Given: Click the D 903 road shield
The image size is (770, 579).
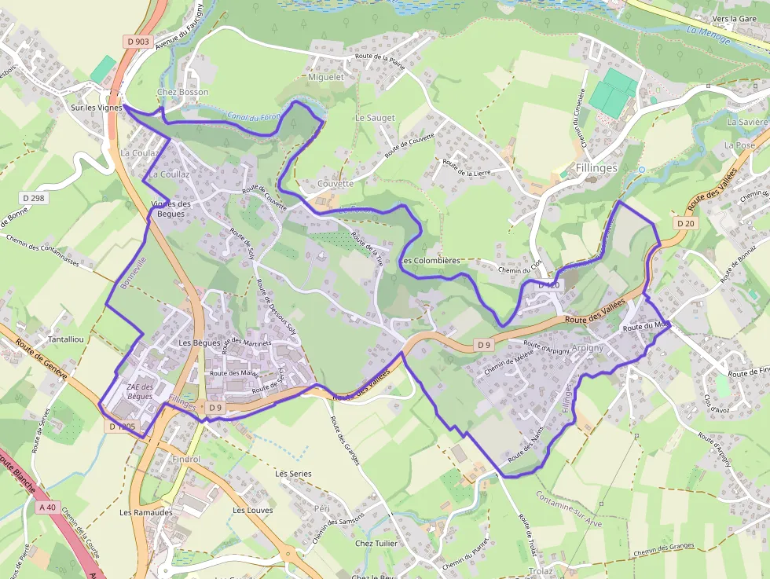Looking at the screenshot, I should click(137, 42).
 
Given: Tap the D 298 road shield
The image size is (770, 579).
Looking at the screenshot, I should click(35, 198).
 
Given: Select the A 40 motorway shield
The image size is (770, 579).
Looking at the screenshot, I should click(47, 508).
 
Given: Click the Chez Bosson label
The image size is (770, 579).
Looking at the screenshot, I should click(183, 92).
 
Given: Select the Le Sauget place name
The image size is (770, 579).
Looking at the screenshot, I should click(375, 118).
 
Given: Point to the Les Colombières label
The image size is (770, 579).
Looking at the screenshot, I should click(429, 261).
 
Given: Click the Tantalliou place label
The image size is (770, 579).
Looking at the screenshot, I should click(67, 339).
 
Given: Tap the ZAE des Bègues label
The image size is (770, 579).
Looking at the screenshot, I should click(140, 391).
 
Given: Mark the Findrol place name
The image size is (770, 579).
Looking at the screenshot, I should click(185, 459).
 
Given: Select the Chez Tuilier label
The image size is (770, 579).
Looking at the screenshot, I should click(376, 543).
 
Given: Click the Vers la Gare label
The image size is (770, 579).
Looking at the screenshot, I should click(733, 18).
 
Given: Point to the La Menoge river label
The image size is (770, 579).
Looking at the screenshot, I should click(708, 35).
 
